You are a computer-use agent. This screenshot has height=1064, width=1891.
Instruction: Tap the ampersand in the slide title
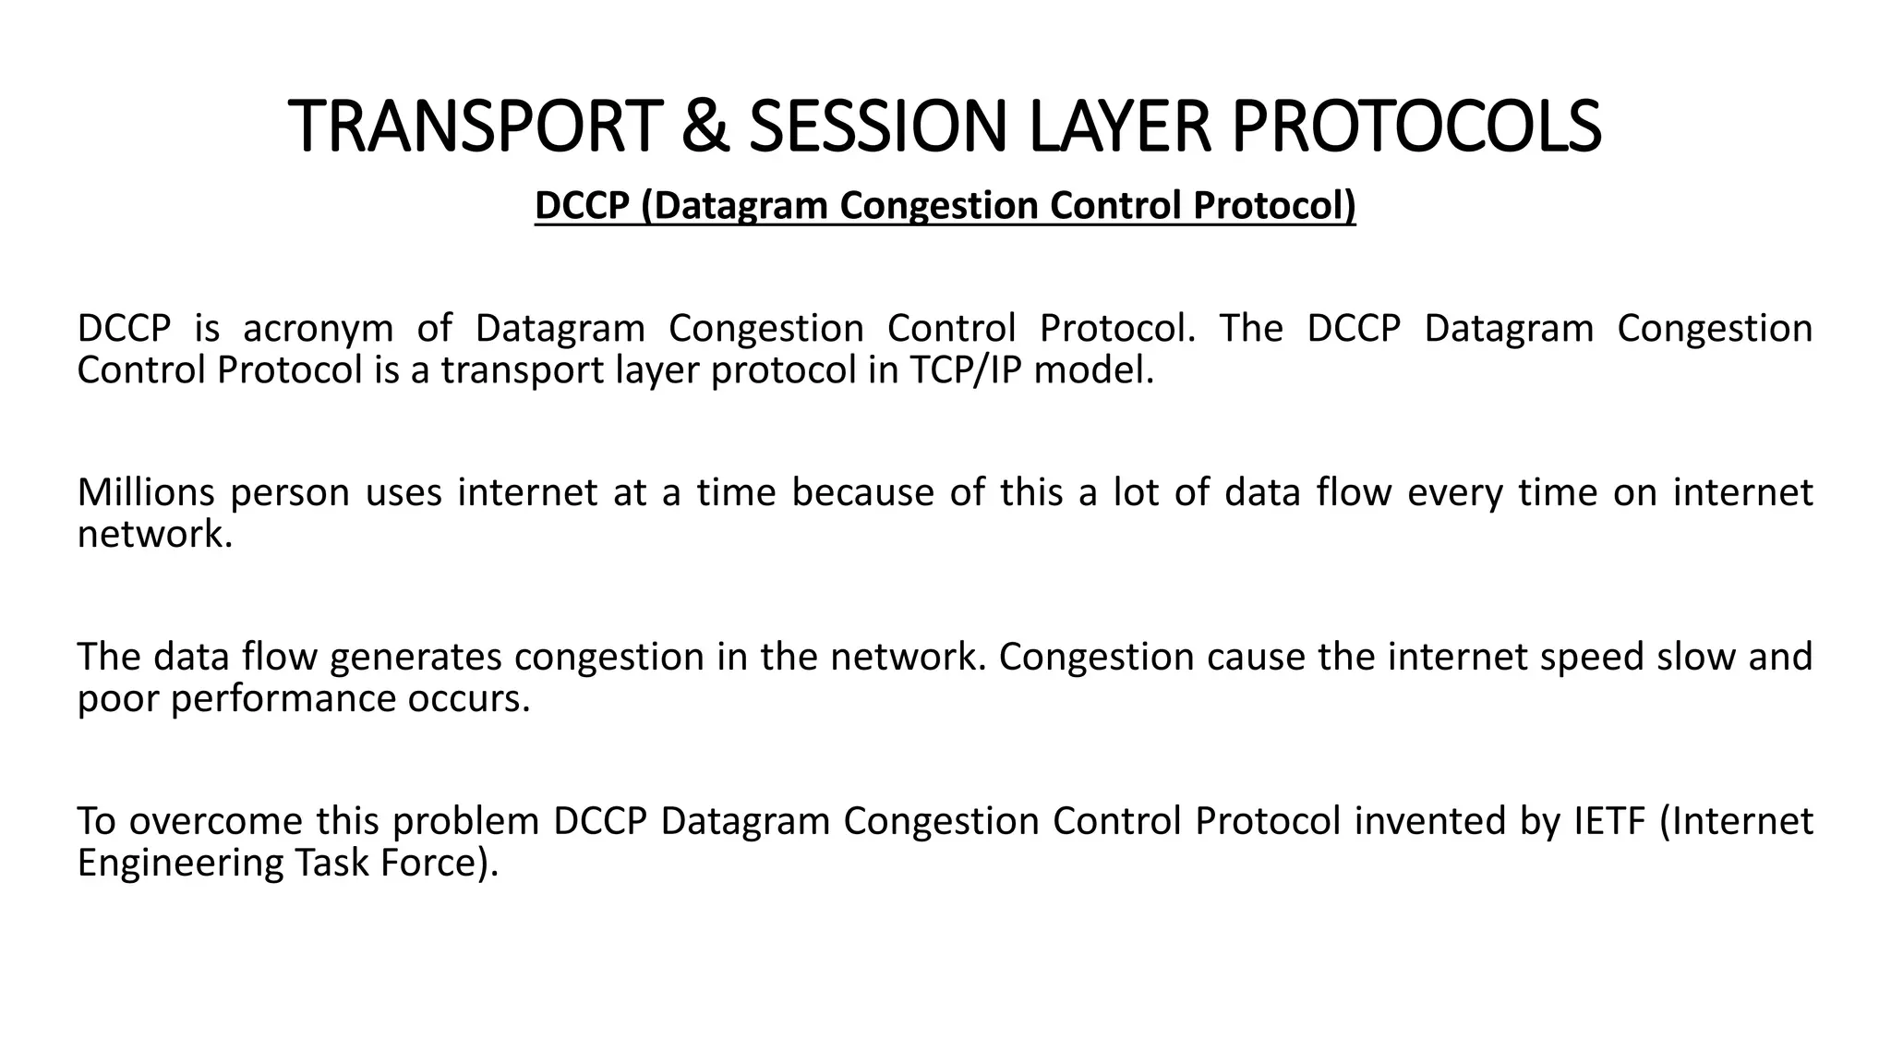tap(705, 127)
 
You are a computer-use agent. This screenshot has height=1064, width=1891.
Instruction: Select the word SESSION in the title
tap(877, 127)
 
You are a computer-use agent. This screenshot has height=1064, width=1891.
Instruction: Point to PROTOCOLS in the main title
tap(1416, 127)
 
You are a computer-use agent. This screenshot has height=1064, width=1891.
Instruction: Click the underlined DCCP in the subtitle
tap(582, 205)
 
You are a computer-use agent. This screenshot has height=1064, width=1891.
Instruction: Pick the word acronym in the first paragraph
tap(318, 329)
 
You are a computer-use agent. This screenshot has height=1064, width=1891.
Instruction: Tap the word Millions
tap(146, 492)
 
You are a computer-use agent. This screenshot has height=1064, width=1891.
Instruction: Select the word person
tap(290, 494)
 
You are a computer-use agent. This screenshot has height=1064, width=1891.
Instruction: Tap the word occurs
tap(469, 699)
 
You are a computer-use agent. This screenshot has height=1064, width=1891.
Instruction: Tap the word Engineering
tap(180, 864)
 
